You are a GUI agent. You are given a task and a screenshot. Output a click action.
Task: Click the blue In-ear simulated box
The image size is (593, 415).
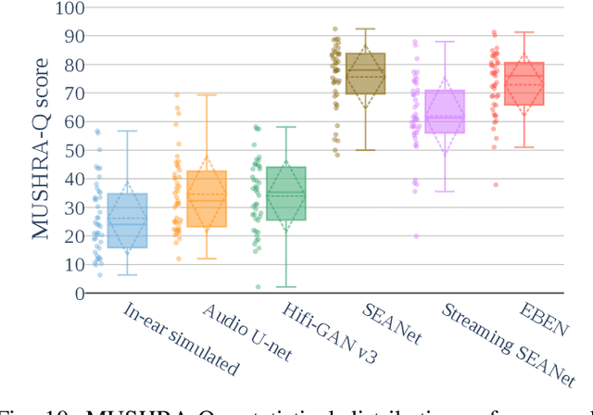point(127,220)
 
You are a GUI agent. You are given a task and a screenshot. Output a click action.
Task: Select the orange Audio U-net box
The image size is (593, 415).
point(206,198)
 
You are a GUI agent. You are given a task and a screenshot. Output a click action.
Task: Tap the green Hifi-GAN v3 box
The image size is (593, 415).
point(285,194)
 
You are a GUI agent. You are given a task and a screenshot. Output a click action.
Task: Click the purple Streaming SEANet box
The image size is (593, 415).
point(445,111)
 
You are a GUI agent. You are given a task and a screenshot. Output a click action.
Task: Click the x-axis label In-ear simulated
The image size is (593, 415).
point(180,337)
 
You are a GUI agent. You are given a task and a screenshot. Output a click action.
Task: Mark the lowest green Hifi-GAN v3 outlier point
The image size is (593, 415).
point(259,287)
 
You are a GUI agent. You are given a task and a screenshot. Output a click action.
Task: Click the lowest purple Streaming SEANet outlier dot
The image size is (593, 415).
point(416,236)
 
